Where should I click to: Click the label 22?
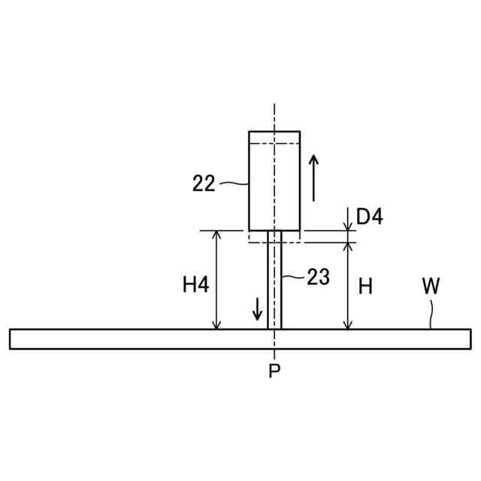tap(204, 183)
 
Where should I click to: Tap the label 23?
tap(318, 277)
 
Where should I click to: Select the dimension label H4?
tap(195, 285)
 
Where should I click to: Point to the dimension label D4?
tap(369, 216)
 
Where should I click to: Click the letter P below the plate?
tap(274, 371)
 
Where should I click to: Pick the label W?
tap(431, 286)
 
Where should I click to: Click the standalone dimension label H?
tap(365, 286)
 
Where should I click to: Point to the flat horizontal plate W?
tap(150, 339)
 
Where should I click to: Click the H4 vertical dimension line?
tap(217, 280)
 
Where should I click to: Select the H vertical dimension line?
tap(347, 286)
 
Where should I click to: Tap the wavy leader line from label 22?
tap(233, 182)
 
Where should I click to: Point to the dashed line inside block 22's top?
tap(274, 143)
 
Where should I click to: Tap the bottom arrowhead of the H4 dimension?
tap(217, 324)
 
